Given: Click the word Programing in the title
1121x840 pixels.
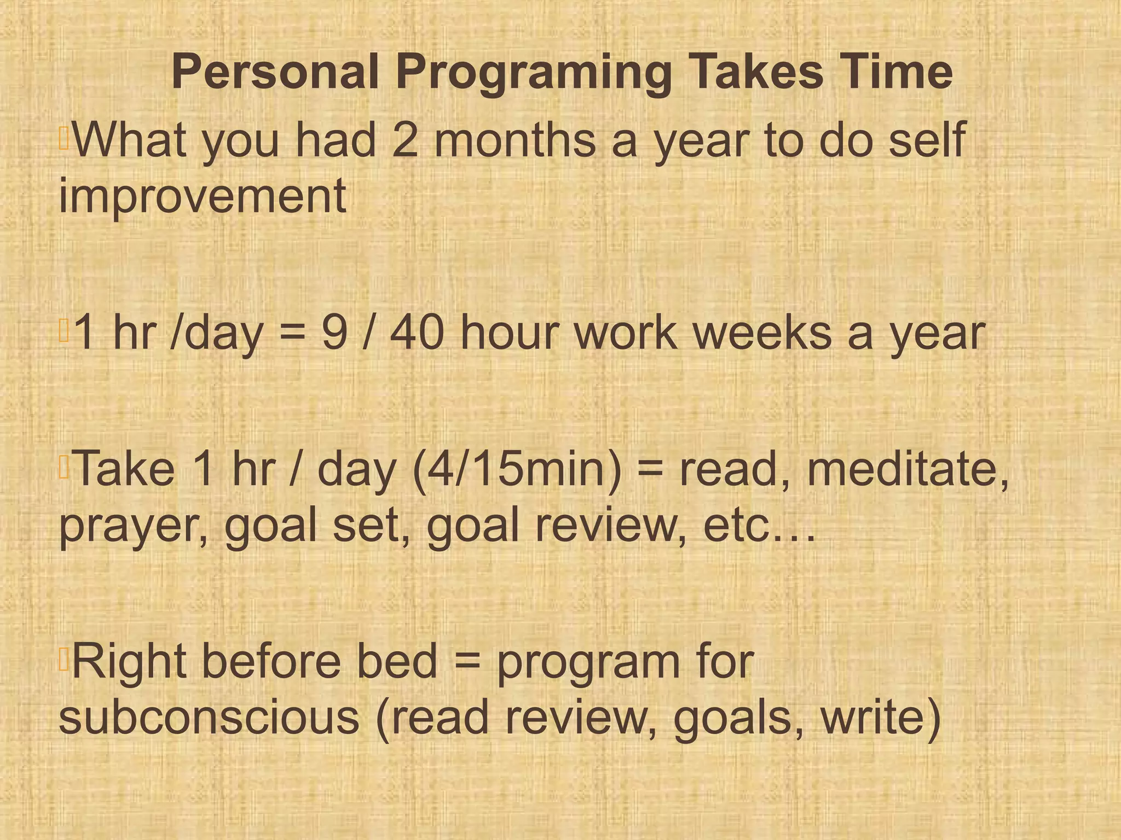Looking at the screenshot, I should click(x=534, y=73).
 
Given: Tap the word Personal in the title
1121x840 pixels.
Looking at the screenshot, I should click(x=275, y=72).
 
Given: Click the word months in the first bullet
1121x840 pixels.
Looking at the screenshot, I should click(x=515, y=141).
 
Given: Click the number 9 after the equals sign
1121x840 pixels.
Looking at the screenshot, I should click(x=334, y=333).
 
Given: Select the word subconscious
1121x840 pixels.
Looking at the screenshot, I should click(x=209, y=717).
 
